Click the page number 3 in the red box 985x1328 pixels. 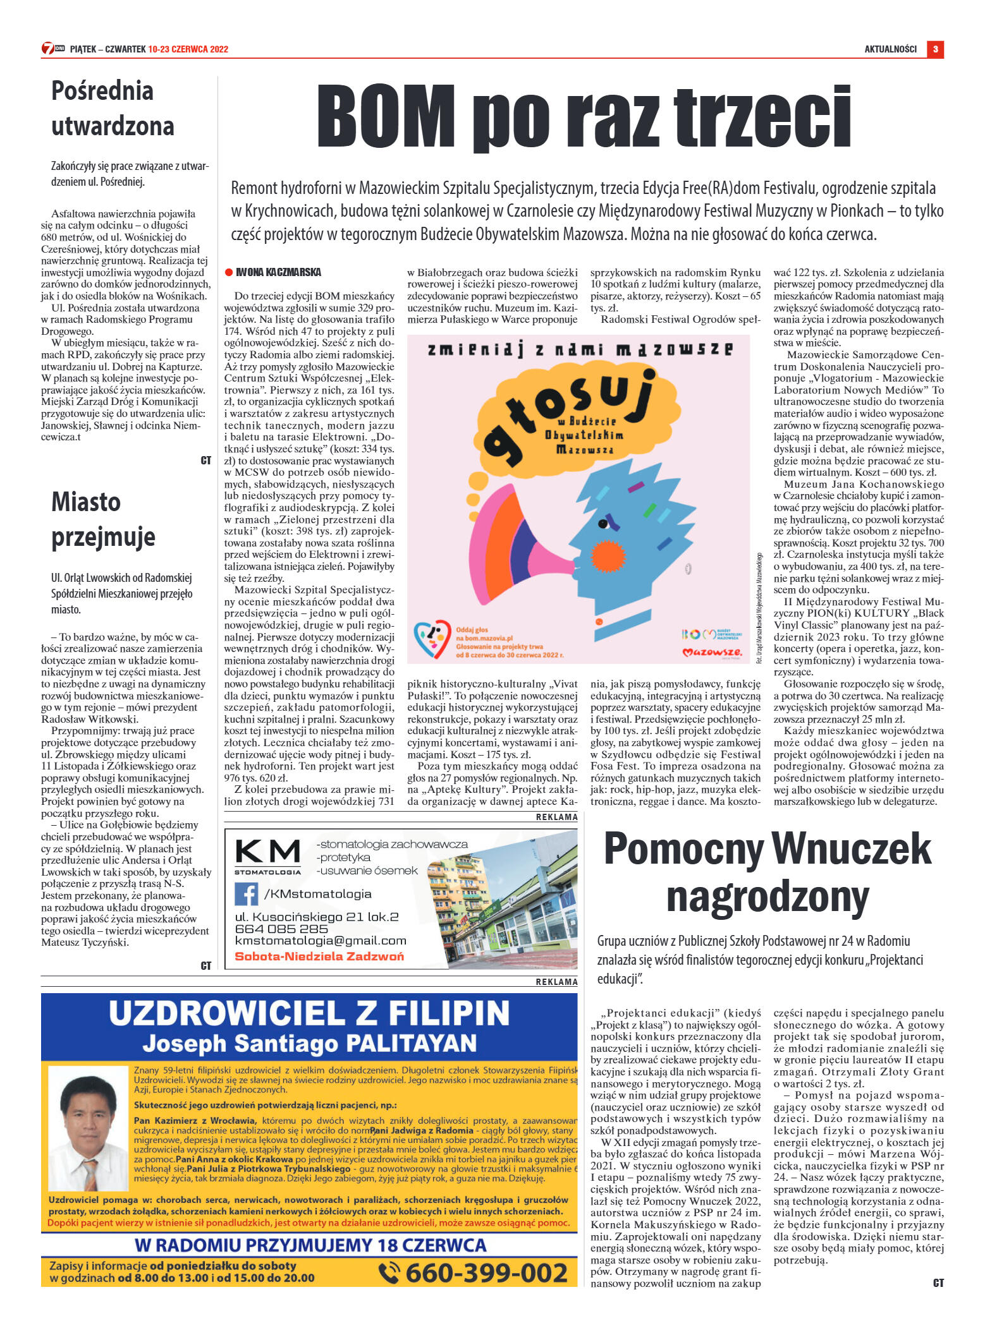click(934, 49)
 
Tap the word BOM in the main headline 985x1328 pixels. click(386, 117)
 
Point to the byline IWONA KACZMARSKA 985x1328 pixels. click(278, 272)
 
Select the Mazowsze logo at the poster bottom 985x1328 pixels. click(712, 651)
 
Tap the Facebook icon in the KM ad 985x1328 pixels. click(246, 894)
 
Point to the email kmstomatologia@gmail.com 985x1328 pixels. click(321, 941)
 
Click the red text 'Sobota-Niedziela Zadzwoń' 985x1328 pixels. click(319, 957)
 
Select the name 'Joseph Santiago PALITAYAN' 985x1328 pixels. click(309, 1042)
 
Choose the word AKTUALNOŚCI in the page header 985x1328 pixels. click(890, 49)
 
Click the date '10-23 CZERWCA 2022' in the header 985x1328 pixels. click(188, 49)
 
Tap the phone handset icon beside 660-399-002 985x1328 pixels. click(389, 1272)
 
